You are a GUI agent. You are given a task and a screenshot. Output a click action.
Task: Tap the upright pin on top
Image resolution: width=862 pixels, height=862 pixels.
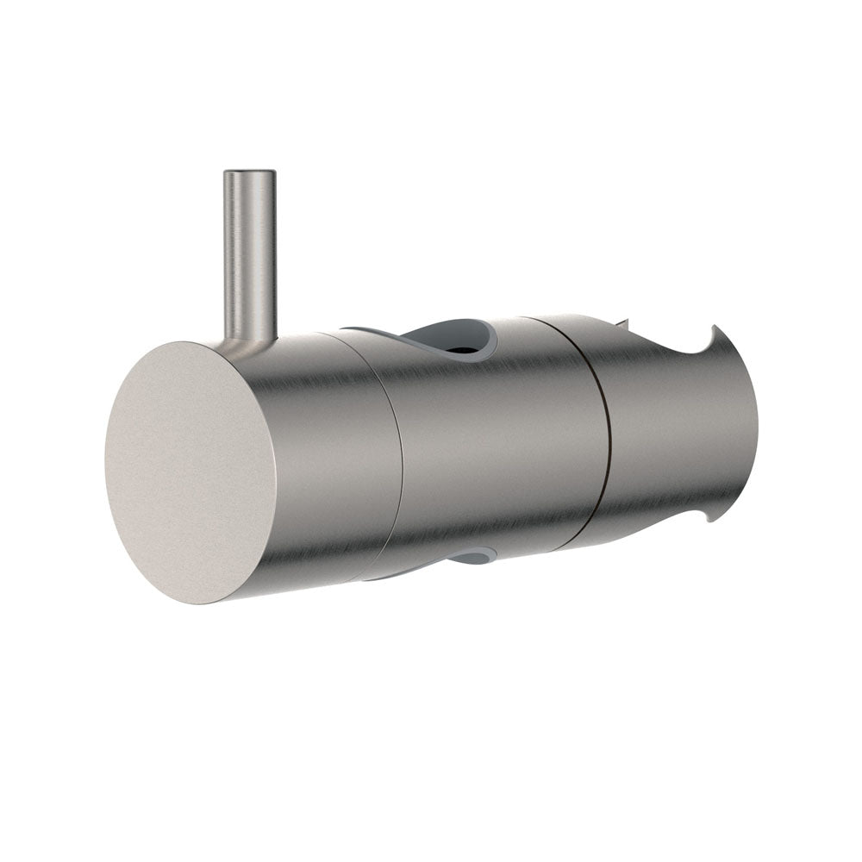[x=249, y=259]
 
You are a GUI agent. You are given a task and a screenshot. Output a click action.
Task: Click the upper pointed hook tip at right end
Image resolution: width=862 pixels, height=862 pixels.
[x=715, y=328]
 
